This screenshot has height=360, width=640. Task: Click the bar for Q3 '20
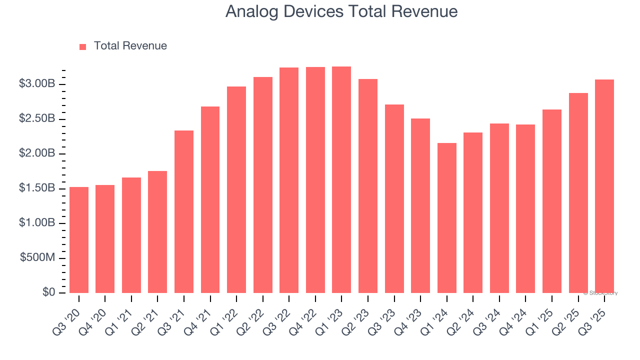[79, 240]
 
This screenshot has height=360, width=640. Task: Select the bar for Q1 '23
[341, 180]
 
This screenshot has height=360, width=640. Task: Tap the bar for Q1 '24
[446, 218]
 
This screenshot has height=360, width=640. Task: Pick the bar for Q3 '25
[604, 186]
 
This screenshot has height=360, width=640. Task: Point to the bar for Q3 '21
[184, 211]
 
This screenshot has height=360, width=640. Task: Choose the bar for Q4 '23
[420, 205]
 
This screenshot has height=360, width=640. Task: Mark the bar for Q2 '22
[263, 185]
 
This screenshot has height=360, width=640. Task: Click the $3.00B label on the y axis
[37, 84]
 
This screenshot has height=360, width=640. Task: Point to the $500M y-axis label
[37, 258]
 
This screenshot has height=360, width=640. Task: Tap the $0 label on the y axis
[49, 292]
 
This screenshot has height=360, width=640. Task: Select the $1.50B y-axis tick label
[37, 188]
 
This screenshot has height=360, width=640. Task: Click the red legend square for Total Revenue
[83, 46]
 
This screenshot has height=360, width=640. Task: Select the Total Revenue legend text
[130, 46]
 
